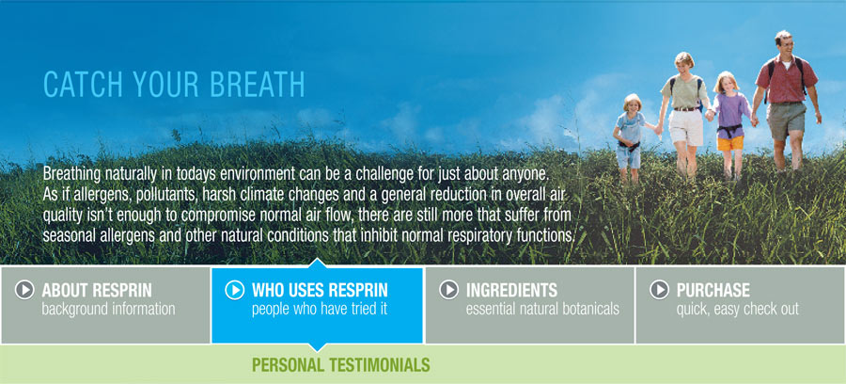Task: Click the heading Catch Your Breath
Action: (174, 85)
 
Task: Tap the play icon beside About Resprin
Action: (24, 290)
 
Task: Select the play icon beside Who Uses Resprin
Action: (235, 290)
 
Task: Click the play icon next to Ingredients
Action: (449, 290)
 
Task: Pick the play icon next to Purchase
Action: (659, 290)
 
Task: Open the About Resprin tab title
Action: (97, 291)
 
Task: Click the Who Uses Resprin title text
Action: (320, 291)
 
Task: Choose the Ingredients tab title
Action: (511, 291)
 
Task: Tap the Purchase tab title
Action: (713, 291)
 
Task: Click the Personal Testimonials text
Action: (341, 364)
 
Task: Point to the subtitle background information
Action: (108, 310)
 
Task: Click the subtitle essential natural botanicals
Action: (542, 310)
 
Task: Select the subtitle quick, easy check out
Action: (738, 310)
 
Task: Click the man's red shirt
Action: (786, 80)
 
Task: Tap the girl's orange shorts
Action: (730, 143)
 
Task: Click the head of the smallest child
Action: (632, 104)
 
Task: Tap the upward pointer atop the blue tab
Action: (318, 263)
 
